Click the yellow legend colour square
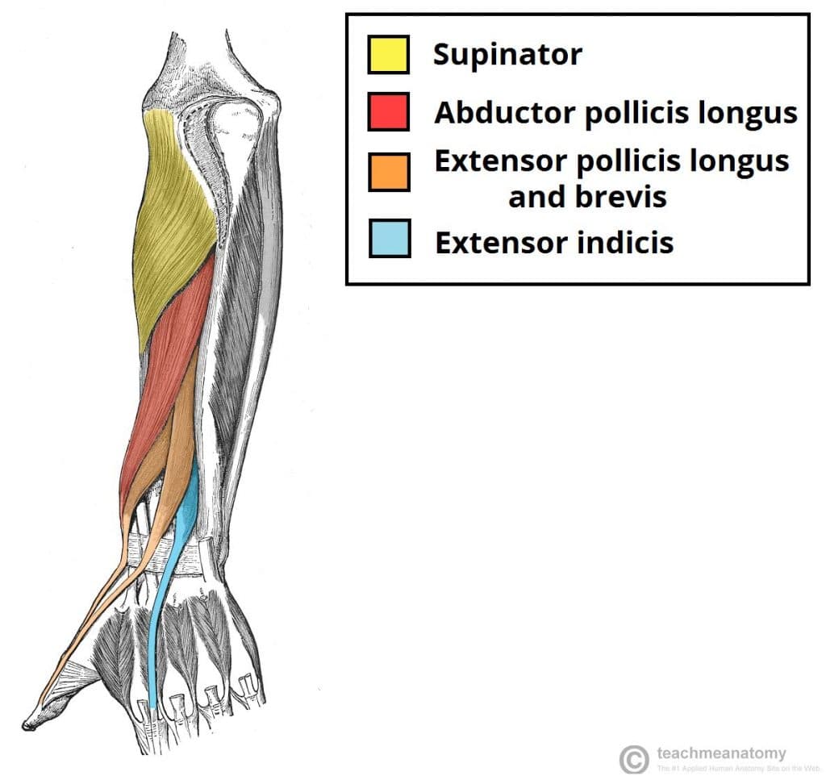click(x=389, y=53)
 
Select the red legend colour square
click(x=389, y=111)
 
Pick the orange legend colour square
click(x=389, y=172)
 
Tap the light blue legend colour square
click(x=389, y=240)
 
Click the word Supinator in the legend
click(x=507, y=56)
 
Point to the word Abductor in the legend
click(x=504, y=114)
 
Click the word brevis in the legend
click(x=620, y=197)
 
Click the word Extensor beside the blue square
click(x=500, y=242)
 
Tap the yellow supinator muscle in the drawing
click(x=173, y=226)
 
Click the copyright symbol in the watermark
click(x=633, y=759)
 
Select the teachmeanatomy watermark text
click(x=721, y=753)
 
